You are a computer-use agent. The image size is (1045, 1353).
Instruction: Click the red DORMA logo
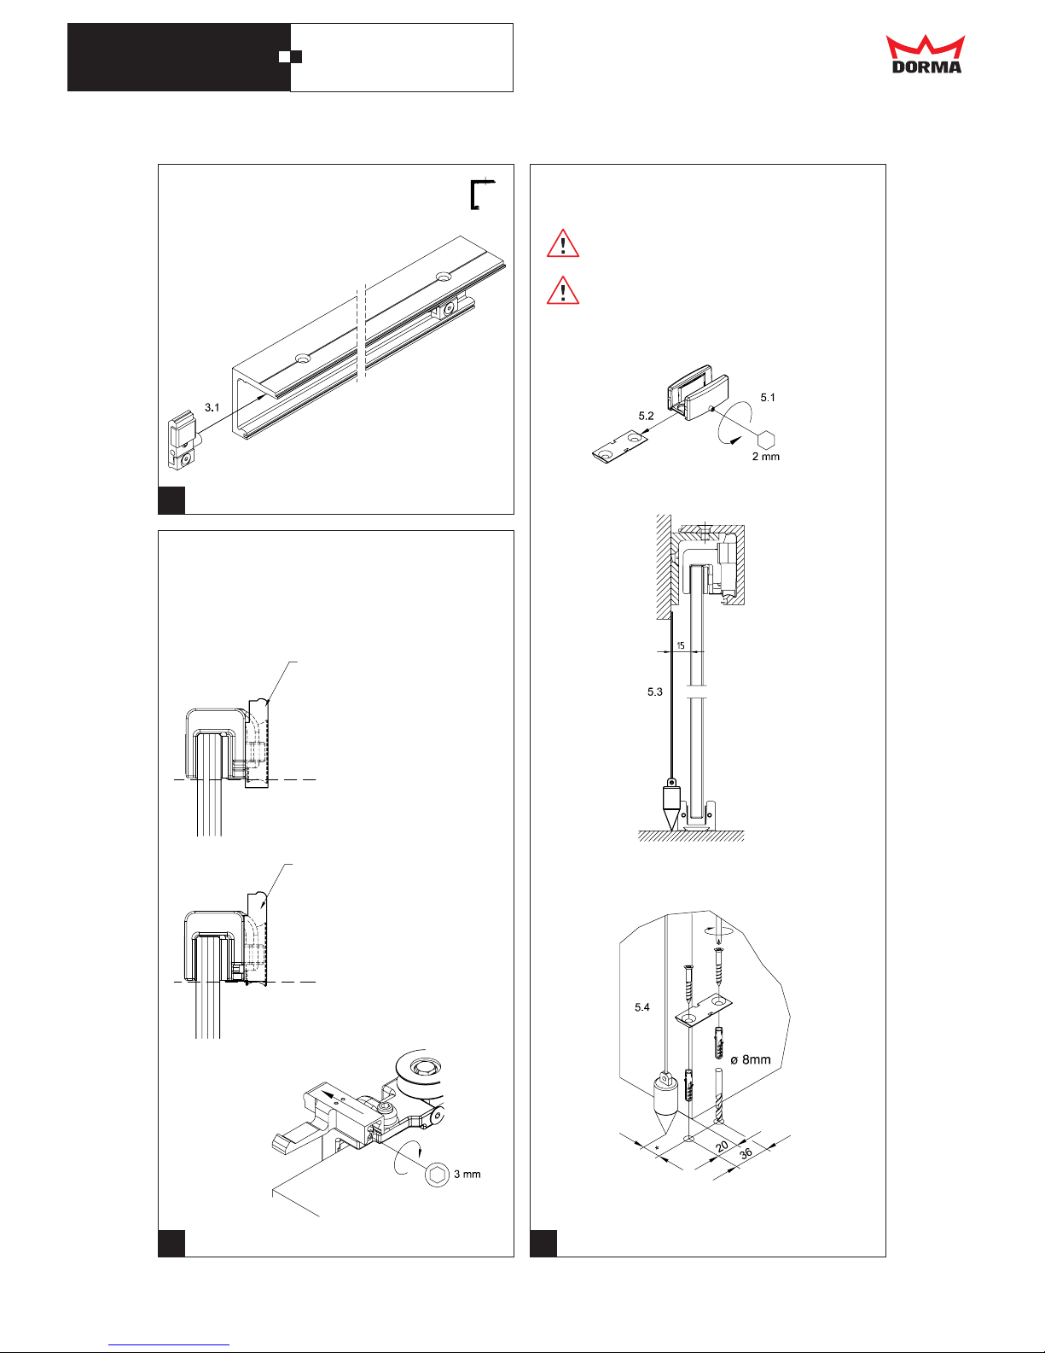coord(926,55)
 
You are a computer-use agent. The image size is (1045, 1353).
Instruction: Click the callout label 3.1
coord(212,407)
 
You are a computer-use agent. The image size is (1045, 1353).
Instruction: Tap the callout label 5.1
coord(768,397)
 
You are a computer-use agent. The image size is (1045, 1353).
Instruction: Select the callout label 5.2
coord(646,416)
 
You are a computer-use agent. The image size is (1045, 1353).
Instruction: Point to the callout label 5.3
coord(654,691)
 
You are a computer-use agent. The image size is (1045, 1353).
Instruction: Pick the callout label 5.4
coord(642,1006)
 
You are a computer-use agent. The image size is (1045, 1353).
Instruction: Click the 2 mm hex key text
coord(766,457)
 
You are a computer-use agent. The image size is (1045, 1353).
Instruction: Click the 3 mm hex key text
coord(467,1174)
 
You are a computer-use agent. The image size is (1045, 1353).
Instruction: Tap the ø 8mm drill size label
coord(751,1059)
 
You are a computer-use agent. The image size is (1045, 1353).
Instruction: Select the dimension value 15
coord(681,645)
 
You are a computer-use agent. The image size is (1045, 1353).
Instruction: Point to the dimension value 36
coord(746,1152)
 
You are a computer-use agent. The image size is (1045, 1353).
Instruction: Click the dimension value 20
coord(722,1146)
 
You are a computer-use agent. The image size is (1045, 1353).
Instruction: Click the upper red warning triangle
coord(563,243)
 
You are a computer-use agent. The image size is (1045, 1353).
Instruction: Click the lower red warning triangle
coord(563,291)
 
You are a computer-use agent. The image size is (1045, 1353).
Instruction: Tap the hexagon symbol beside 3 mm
coord(437,1175)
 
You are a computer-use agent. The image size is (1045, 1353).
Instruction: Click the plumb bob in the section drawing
coord(671,804)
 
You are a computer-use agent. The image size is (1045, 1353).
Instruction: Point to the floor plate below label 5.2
coord(620,447)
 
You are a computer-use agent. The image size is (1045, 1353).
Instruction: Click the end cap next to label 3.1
coord(183,440)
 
